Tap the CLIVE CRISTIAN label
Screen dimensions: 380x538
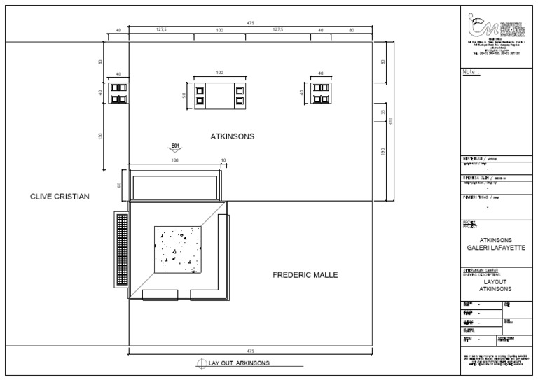pyautogui.click(x=60, y=197)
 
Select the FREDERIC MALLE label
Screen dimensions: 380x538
pyautogui.click(x=305, y=275)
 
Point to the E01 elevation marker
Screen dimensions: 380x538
pyautogui.click(x=176, y=147)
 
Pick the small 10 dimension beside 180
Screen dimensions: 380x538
pyautogui.click(x=223, y=161)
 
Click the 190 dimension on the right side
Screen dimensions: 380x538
pyautogui.click(x=382, y=153)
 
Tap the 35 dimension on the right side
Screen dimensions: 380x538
pyautogui.click(x=382, y=111)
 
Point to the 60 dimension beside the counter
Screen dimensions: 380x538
pyautogui.click(x=120, y=185)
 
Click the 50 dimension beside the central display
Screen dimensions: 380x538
pyautogui.click(x=185, y=95)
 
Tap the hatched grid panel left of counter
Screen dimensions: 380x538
pyautogui.click(x=122, y=251)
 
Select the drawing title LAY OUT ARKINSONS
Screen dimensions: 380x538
pyautogui.click(x=239, y=363)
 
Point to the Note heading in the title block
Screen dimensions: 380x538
pyautogui.click(x=471, y=72)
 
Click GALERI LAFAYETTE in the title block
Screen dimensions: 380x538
pyautogui.click(x=496, y=247)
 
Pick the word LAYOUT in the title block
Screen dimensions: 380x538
pyautogui.click(x=496, y=281)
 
